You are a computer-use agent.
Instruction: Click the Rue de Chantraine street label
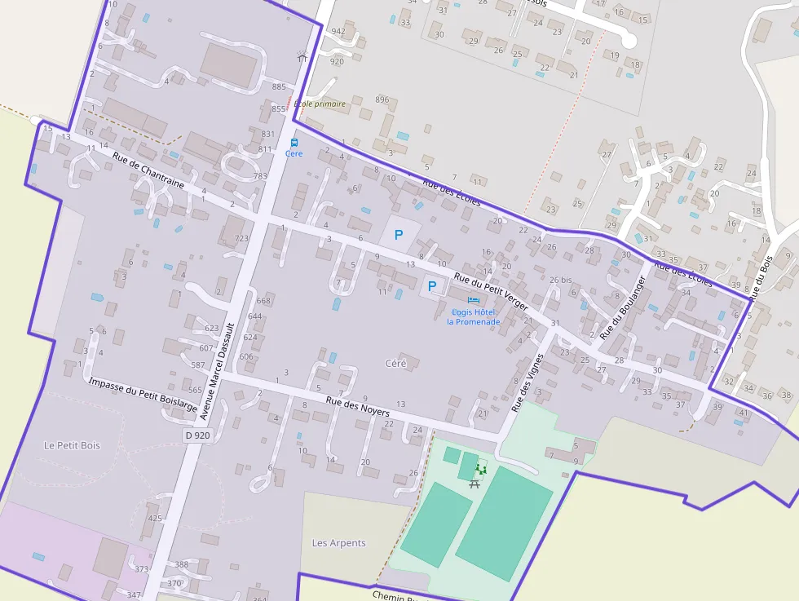148,171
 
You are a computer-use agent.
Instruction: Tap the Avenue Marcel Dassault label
218,371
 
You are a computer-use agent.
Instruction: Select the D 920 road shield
197,435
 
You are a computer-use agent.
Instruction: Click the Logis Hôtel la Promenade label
473,316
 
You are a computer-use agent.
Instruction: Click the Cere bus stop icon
294,143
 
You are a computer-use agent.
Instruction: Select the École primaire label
320,104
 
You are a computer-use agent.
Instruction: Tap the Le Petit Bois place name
72,445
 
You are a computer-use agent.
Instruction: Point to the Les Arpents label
339,543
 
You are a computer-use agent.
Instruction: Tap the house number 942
338,32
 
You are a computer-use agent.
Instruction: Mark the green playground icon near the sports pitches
481,470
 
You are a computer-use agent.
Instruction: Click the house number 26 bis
560,280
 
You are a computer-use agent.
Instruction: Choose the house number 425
155,518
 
